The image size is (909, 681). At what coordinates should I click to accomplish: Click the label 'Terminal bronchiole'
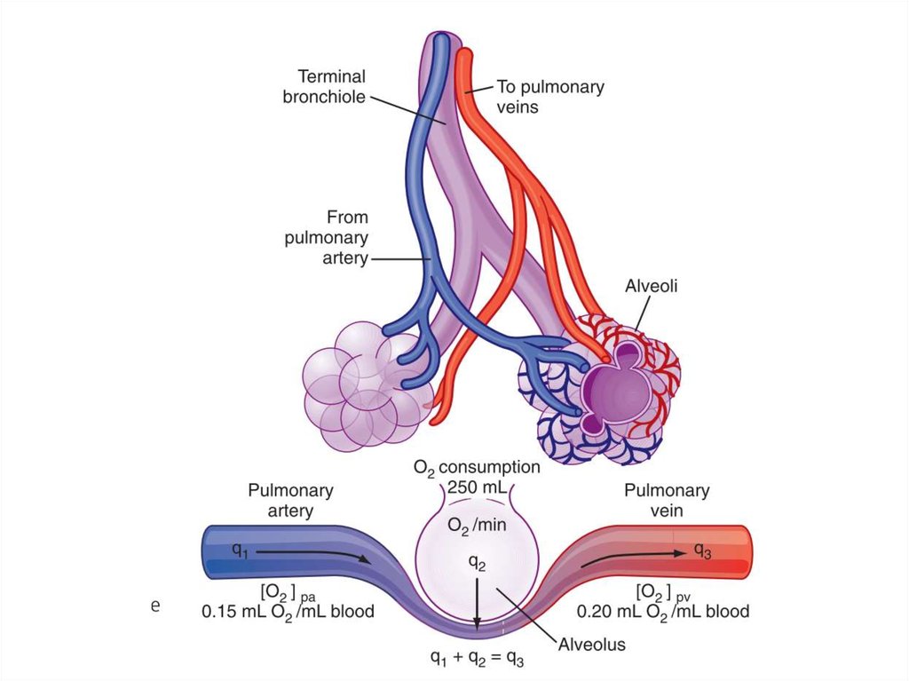(x=324, y=87)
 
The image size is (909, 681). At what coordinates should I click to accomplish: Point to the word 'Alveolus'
(x=591, y=645)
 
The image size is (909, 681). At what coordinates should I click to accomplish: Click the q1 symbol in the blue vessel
(x=240, y=550)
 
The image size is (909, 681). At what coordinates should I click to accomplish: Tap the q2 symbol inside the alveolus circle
(x=477, y=561)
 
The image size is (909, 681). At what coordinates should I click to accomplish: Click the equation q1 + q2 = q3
(x=477, y=659)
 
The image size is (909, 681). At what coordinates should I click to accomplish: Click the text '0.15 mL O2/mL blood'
(x=289, y=611)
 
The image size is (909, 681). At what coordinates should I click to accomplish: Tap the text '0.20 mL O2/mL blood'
(x=663, y=611)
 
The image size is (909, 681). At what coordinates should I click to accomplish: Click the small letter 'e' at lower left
(x=155, y=606)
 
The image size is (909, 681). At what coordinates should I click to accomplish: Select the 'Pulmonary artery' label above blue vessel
(x=290, y=500)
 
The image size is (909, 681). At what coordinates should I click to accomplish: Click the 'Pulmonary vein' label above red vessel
(x=667, y=500)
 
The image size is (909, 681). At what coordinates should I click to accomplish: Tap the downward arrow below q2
(x=477, y=604)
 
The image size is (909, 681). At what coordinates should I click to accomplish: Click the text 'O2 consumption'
(x=477, y=467)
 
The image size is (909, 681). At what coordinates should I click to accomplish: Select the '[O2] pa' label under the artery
(x=289, y=592)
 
